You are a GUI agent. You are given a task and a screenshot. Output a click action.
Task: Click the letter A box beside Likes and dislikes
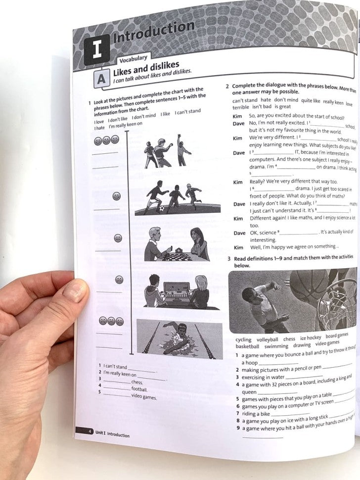tap(101, 79)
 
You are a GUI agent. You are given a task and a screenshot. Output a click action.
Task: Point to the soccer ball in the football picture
tap(162, 209)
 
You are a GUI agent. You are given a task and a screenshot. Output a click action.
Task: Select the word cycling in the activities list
tap(243, 340)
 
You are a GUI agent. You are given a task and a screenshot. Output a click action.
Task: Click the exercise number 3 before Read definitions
tap(229, 259)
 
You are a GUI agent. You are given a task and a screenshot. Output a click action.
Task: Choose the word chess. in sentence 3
tap(137, 382)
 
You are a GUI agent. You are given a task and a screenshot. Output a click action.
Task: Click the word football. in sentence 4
tap(139, 389)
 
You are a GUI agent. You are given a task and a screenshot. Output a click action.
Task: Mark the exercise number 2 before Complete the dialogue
tap(227, 86)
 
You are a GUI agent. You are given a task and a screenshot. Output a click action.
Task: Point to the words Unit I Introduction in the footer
tap(112, 435)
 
